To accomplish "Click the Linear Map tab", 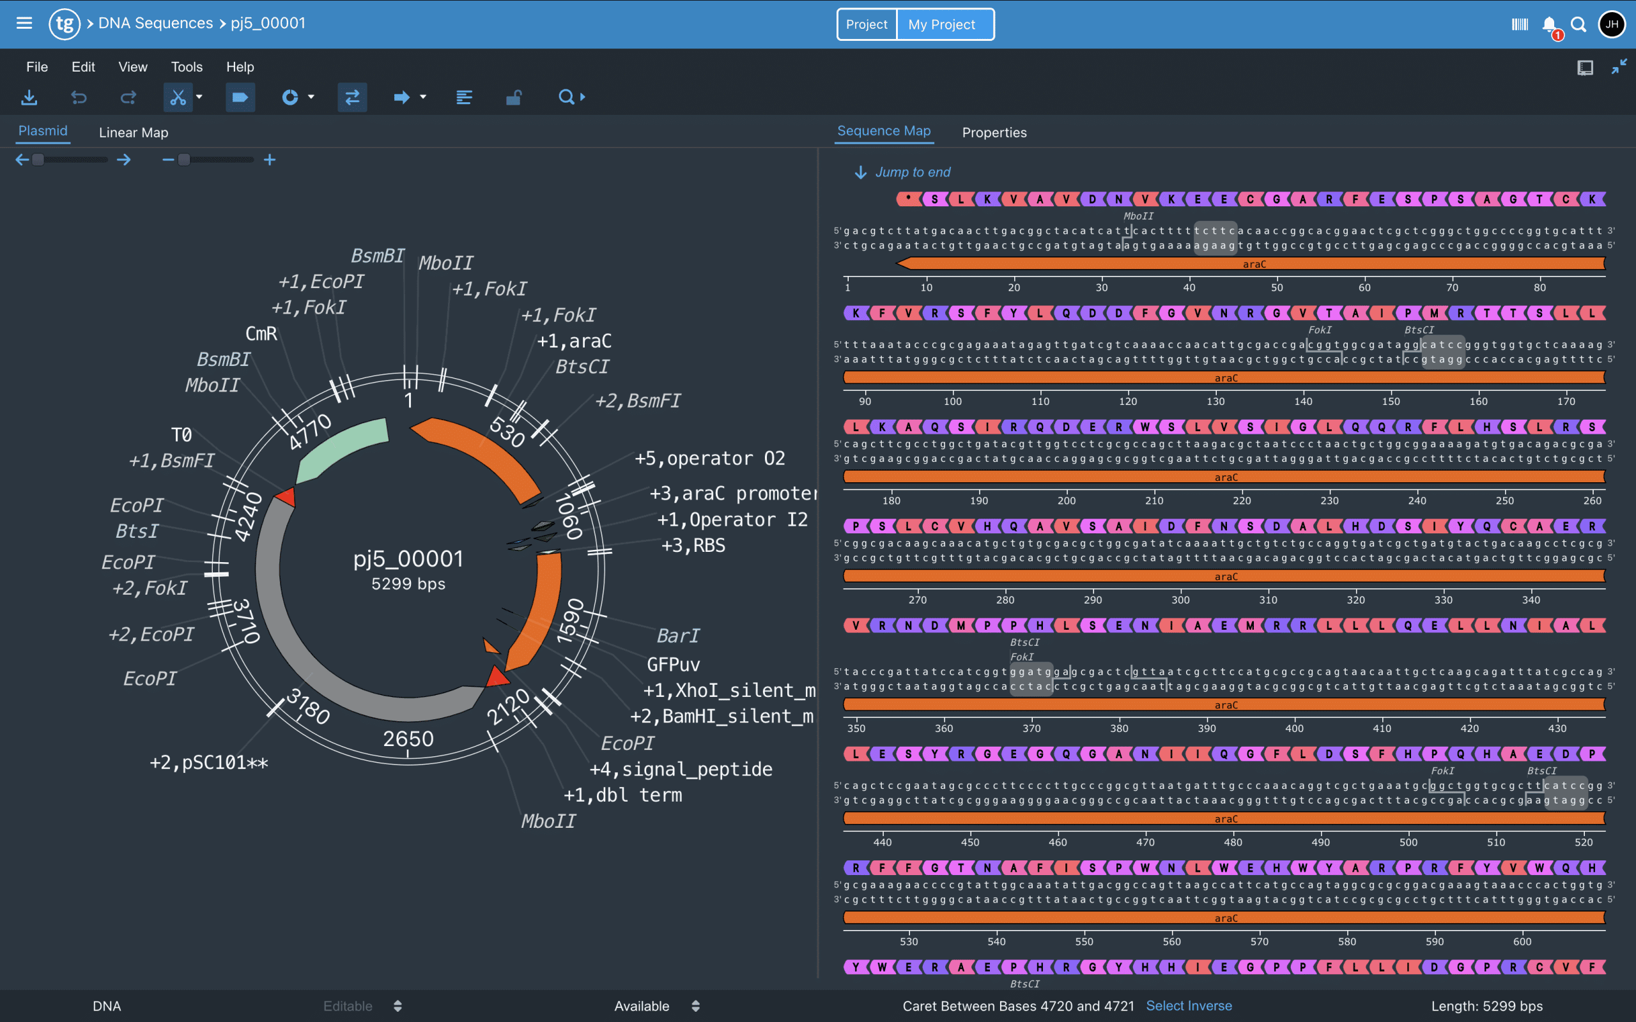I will click(x=133, y=132).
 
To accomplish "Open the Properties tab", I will click(x=994, y=132).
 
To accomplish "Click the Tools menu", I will click(x=187, y=67).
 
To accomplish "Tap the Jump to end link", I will click(x=912, y=172).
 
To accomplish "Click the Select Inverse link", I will click(x=1189, y=1006).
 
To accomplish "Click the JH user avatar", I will click(x=1612, y=24).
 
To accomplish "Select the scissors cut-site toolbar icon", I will click(x=177, y=97).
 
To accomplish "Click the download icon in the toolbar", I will click(x=29, y=97).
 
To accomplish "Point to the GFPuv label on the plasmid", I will click(x=674, y=664).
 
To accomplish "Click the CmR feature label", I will click(x=261, y=334).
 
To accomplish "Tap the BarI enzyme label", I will click(x=677, y=636).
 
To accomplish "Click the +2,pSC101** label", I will click(x=209, y=763).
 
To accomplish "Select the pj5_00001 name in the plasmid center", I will click(x=408, y=559).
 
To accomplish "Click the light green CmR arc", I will click(x=341, y=445).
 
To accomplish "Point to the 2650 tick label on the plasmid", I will click(x=408, y=739).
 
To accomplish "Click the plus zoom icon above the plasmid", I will click(x=270, y=160).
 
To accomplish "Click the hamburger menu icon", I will click(x=24, y=24).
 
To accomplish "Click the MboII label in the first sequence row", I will click(x=1138, y=217).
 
